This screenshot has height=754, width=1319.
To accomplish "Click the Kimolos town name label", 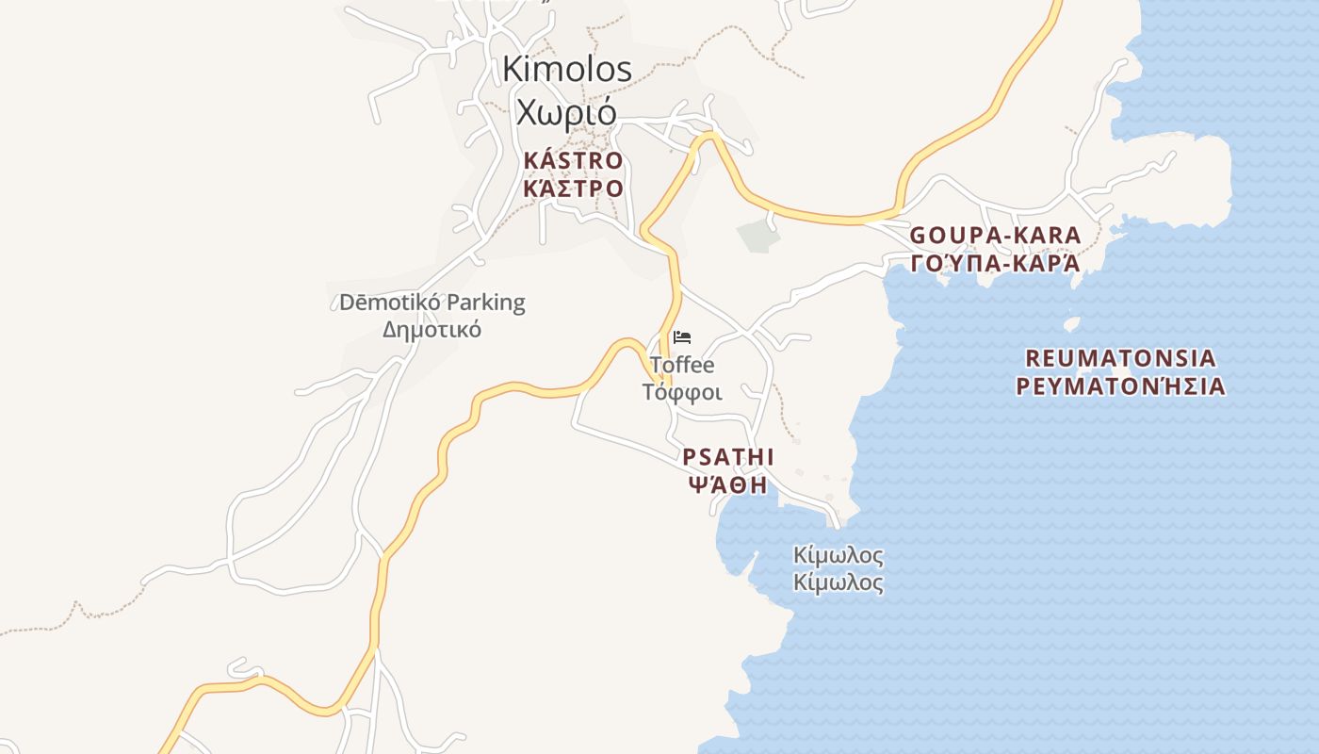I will click(566, 69).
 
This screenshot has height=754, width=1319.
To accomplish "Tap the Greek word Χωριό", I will click(566, 111).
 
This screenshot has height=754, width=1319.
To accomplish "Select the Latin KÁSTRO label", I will click(573, 160).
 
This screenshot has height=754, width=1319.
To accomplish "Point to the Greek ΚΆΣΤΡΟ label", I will click(573, 188).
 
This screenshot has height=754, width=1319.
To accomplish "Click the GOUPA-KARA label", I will click(995, 236).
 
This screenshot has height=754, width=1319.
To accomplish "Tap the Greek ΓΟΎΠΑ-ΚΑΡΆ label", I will click(995, 263).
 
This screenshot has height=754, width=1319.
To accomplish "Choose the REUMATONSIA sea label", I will click(1120, 359).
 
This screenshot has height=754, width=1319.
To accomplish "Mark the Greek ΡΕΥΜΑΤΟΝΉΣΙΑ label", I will click(1120, 386).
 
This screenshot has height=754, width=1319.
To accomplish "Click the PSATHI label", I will click(728, 457).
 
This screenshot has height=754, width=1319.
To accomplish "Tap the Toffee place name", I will click(682, 365).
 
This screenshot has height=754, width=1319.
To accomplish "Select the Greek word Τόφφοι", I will click(682, 391).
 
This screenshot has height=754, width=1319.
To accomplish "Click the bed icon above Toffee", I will click(682, 337).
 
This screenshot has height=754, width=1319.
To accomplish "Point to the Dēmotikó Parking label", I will click(432, 303).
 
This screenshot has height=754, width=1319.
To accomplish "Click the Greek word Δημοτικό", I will click(432, 330).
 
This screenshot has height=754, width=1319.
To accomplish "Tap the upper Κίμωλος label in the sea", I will click(839, 554).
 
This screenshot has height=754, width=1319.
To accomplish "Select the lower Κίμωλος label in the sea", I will click(839, 582).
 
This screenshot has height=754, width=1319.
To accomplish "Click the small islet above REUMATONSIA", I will click(1071, 324).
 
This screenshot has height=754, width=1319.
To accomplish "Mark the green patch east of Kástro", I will click(758, 236).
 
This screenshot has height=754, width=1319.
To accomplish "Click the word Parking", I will click(485, 303).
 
